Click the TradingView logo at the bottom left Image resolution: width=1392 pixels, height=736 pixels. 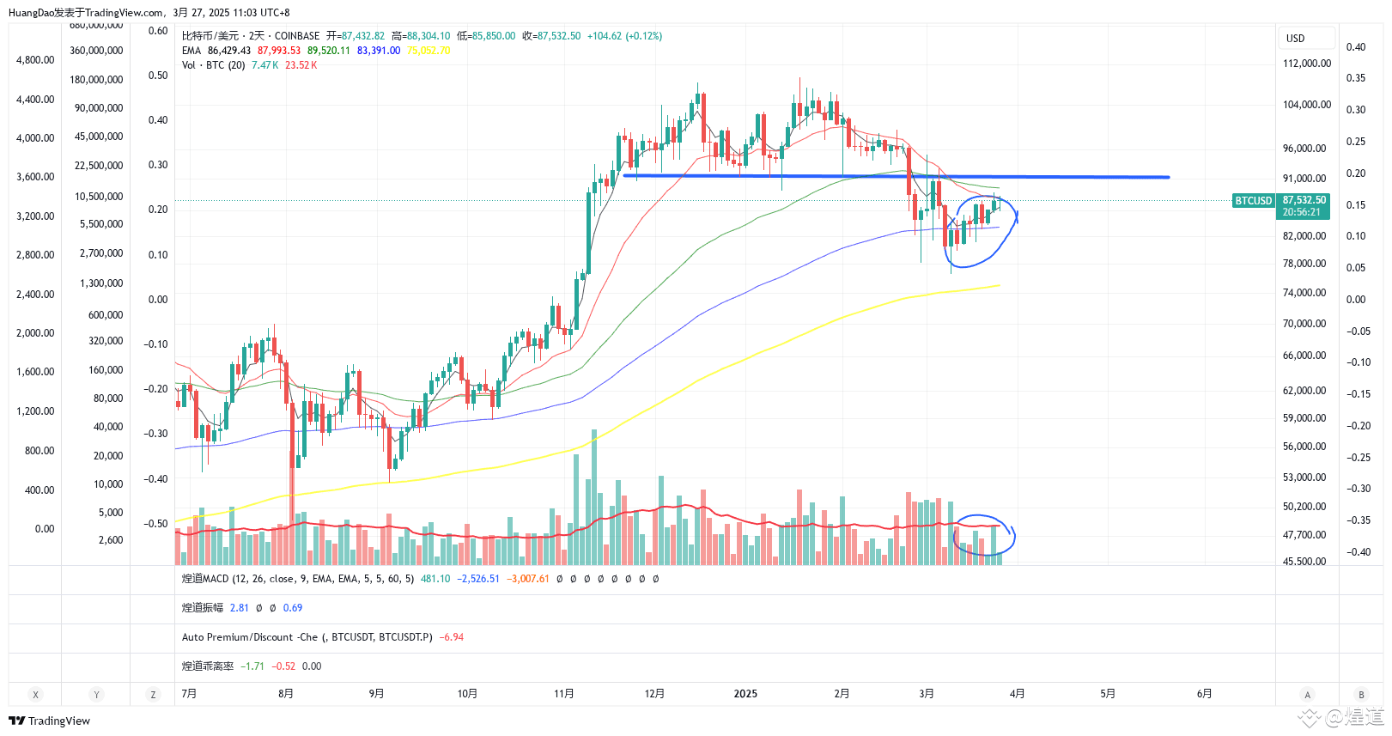click(x=49, y=721)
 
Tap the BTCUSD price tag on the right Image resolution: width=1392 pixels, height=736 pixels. click(x=1253, y=200)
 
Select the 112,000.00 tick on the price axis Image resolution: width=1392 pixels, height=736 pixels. click(x=1306, y=64)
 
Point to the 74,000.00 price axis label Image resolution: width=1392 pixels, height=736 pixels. click(x=1304, y=293)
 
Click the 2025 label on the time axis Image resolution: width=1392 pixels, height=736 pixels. click(x=745, y=694)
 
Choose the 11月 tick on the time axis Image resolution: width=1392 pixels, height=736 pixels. click(x=563, y=694)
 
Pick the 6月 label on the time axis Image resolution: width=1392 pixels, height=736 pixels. click(x=1204, y=694)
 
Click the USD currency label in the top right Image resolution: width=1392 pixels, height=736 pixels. click(x=1295, y=39)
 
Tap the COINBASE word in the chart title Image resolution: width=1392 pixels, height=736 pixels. click(x=297, y=36)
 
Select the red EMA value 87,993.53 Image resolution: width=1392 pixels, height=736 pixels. click(x=279, y=51)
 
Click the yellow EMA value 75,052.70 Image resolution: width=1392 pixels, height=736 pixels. click(x=429, y=51)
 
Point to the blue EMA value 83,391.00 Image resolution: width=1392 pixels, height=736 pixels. click(x=379, y=51)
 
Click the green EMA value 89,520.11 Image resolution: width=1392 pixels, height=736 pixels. click(x=329, y=51)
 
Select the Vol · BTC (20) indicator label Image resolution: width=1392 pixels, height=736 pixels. click(x=213, y=65)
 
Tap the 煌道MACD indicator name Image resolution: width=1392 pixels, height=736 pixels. click(x=205, y=579)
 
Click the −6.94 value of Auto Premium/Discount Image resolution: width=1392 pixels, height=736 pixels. click(x=452, y=637)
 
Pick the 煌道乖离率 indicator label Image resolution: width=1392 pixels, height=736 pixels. click(x=207, y=666)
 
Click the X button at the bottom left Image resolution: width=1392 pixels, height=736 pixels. click(x=35, y=695)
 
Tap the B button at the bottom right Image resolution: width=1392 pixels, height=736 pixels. click(x=1361, y=695)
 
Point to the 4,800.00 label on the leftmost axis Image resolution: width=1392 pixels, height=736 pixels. click(x=35, y=60)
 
